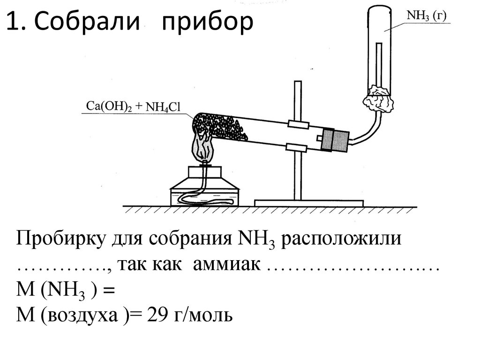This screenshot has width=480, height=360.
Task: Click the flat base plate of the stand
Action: (x=309, y=202)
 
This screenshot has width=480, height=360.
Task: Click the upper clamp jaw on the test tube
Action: (x=298, y=125)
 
